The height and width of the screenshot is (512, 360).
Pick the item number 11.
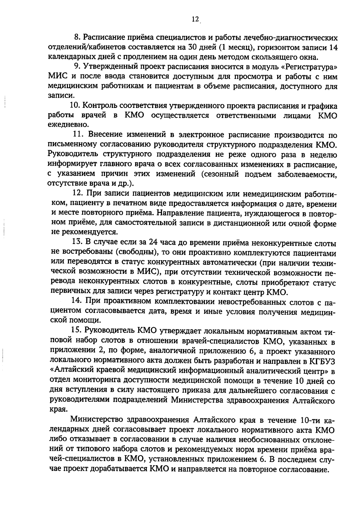(79, 135)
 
